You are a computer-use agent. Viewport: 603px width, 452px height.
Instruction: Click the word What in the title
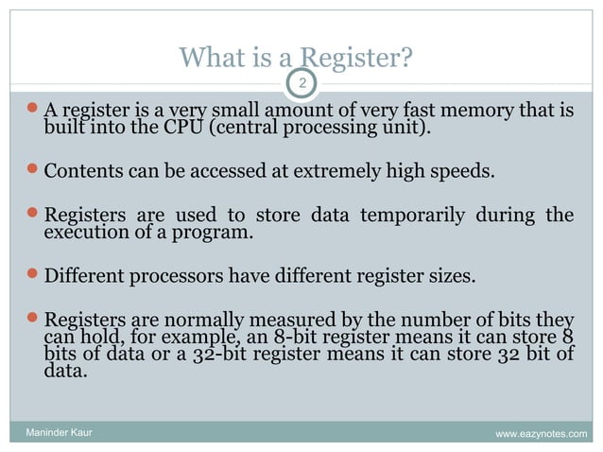[205, 61]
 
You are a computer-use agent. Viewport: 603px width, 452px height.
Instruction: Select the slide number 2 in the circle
[301, 84]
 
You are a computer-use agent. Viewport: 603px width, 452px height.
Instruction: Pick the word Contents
[83, 173]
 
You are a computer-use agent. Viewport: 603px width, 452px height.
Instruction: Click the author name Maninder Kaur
[59, 434]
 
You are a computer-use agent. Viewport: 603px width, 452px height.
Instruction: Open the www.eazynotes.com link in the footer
[540, 434]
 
